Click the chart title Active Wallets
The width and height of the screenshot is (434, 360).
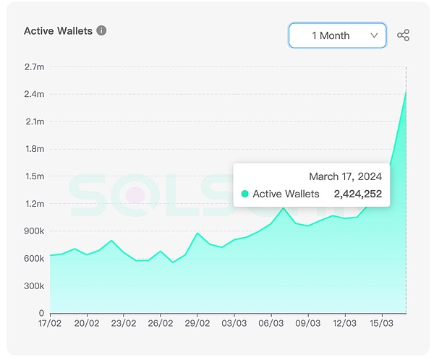coord(58,31)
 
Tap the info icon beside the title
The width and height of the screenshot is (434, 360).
coord(101,31)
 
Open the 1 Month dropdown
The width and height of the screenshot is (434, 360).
coord(337,35)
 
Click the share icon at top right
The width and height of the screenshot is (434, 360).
coord(404,35)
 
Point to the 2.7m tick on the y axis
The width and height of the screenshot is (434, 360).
coord(35,67)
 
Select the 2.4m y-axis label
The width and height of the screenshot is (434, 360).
coord(35,95)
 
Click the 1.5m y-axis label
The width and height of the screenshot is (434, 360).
coord(35,176)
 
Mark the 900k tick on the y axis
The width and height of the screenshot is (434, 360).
coord(35,231)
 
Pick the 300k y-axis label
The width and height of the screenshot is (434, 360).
coord(35,286)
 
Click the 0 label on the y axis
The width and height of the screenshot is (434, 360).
coord(41,314)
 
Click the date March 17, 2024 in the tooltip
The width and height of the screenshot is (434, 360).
coord(345,176)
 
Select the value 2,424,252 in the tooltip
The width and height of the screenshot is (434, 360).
coord(357,194)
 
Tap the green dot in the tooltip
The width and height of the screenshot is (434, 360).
coord(245,194)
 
